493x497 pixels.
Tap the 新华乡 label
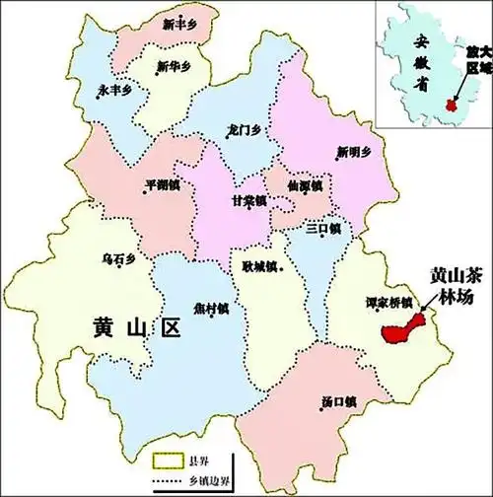pos(175,67)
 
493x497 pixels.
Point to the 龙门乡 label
pos(243,128)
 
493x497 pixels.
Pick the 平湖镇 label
pos(162,184)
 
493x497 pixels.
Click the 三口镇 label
pos(322,228)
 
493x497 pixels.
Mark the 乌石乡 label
pos(118,258)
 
